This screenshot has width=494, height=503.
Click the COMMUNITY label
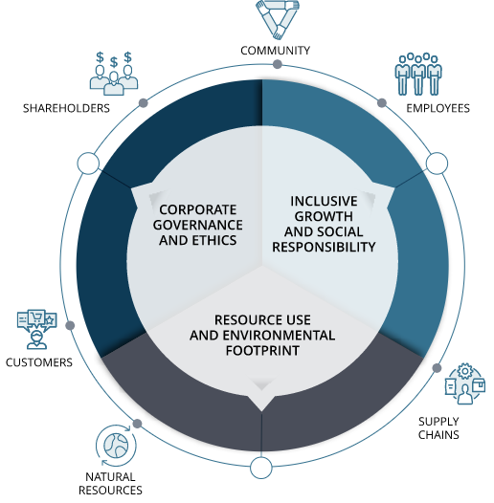click(x=276, y=51)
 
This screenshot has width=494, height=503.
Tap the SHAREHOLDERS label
click(x=66, y=108)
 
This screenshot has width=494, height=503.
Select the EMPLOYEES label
click(x=438, y=108)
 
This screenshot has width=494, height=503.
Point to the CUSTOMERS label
click(x=39, y=362)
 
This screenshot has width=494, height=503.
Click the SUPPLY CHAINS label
click(x=438, y=428)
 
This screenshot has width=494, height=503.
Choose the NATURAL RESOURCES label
click(x=110, y=484)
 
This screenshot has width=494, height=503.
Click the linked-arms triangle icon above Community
click(x=278, y=19)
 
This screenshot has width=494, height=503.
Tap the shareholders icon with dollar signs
click(x=114, y=74)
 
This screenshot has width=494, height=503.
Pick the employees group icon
click(x=418, y=74)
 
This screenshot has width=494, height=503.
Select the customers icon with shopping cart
click(x=37, y=329)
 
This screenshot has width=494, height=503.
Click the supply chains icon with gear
click(x=464, y=383)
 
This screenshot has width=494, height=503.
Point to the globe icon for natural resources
click(x=116, y=446)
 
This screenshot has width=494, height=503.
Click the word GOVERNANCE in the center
click(x=198, y=225)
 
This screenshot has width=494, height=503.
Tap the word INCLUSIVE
click(x=324, y=201)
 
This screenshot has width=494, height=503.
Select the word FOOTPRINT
click(x=262, y=350)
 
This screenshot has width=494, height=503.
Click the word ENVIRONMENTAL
click(x=280, y=336)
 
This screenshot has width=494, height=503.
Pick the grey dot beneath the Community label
click(x=278, y=64)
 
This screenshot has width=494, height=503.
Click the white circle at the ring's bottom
click(x=261, y=468)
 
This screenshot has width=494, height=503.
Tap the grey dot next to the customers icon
click(x=70, y=325)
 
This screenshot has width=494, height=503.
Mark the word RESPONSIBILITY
click(x=324, y=247)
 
